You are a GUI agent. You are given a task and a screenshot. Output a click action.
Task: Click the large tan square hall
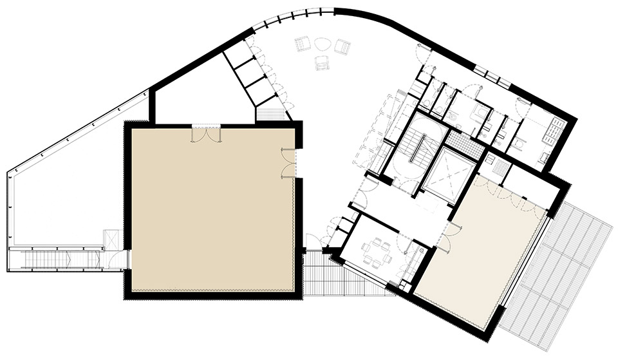coord(212,209)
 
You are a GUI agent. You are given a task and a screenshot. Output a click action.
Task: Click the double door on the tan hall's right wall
coord(287,162)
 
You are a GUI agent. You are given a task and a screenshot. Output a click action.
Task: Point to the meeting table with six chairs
coord(375,251)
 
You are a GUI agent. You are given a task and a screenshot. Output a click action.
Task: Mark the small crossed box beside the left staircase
coord(110,239)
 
